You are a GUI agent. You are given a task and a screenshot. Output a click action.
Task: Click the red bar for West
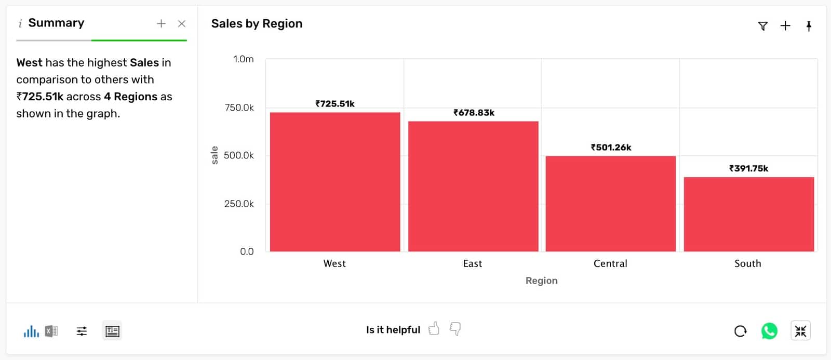point(335,182)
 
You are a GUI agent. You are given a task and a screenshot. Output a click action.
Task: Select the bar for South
point(748,214)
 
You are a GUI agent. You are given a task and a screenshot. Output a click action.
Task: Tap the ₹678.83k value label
point(474,113)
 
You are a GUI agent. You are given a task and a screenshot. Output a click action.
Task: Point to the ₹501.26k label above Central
point(611,148)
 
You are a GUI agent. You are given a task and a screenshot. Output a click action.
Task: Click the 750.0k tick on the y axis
point(239,108)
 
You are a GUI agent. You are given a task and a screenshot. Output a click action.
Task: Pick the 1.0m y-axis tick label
point(243,59)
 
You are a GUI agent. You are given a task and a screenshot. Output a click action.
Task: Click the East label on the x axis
point(473,263)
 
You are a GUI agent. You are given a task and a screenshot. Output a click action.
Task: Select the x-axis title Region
point(541,281)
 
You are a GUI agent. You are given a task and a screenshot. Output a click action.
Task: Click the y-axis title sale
point(215,155)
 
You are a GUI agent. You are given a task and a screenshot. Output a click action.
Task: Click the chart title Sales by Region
point(257,24)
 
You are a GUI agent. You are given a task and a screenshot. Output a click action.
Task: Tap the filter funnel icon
point(762,26)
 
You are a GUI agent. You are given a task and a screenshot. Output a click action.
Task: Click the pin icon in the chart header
point(809,26)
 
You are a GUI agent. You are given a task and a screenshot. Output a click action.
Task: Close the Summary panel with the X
point(181,23)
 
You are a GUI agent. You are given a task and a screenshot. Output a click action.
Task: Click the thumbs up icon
point(434,329)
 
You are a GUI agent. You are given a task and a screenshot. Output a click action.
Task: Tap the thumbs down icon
point(455,329)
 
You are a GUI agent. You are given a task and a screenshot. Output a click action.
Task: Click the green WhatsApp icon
point(769,331)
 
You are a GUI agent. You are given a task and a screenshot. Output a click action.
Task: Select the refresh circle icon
point(741,331)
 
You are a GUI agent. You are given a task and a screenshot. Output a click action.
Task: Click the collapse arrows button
point(800,331)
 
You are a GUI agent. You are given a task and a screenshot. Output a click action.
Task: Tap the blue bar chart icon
point(31,331)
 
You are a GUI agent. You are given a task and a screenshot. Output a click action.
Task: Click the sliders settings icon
point(82,331)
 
